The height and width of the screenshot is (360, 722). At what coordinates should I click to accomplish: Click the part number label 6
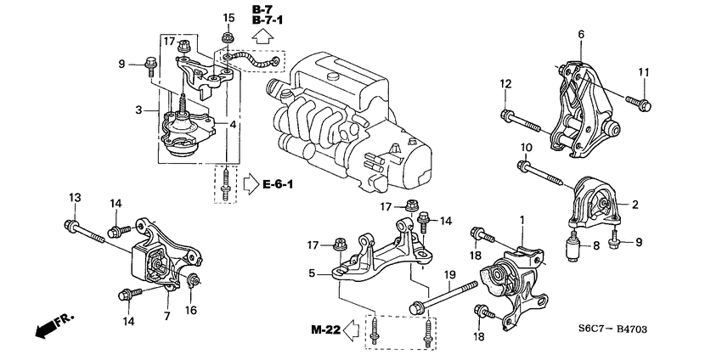coord(581,34)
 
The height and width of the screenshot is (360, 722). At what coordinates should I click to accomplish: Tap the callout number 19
coord(450,275)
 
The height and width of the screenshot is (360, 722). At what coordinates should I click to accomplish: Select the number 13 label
coord(75,198)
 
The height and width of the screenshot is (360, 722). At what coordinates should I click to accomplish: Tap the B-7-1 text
coord(266,23)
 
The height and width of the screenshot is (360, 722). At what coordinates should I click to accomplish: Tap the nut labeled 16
coord(194,281)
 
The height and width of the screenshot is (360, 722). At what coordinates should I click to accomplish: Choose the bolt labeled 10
coord(543,174)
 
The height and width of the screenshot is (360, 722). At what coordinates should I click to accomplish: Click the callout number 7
coord(166,316)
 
